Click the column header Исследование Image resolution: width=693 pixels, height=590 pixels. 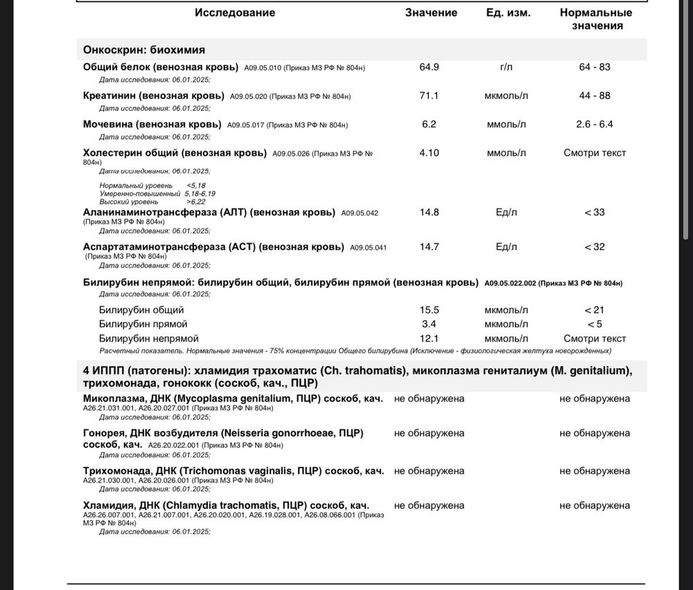235,12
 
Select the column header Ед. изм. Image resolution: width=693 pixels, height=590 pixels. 508,12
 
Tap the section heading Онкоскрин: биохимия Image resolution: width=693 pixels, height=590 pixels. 143,50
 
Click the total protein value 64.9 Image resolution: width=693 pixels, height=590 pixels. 429,67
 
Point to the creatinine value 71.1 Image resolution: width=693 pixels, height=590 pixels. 429,96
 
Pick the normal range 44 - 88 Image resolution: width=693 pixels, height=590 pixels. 595,96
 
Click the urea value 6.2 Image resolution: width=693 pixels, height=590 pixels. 429,124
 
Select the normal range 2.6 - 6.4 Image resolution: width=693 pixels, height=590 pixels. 595,124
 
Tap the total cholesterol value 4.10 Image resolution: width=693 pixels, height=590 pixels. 429,153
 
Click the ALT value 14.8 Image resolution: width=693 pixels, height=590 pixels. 429,211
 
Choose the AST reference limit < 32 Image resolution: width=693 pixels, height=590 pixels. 595,246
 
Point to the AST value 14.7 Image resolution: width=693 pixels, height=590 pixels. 429,246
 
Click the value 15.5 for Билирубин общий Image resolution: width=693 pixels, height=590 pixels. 429,310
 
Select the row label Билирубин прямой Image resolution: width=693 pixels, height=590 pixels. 143,324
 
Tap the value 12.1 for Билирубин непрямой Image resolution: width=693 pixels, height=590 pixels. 429,338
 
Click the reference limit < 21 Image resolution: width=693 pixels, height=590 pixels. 595,310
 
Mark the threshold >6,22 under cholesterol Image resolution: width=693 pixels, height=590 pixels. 196,201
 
